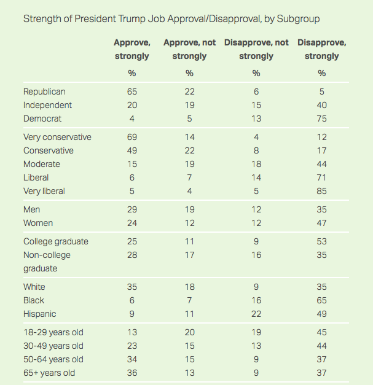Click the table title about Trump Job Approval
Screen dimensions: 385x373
pos(171,18)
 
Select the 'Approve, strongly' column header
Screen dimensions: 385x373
pos(132,49)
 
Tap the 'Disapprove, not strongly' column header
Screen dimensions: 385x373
pos(256,49)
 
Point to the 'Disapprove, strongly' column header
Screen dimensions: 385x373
pos(321,49)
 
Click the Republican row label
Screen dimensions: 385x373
pos(44,91)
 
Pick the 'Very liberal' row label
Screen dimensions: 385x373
pos(44,191)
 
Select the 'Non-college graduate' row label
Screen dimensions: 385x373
pos(47,262)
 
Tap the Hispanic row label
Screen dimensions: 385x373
pos(40,314)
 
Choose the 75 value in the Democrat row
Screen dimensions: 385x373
pos(322,119)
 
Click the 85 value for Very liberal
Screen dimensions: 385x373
pos(322,191)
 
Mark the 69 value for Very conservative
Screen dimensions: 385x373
pos(132,137)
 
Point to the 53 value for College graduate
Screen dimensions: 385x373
pos(322,241)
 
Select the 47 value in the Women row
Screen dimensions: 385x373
pos(322,223)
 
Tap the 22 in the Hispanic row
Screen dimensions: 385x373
pos(256,314)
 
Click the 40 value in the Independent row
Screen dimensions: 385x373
pos(322,105)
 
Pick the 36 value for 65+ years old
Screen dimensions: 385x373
pos(132,373)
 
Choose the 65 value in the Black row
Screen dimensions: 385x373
pos(322,300)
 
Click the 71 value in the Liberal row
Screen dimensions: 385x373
pos(322,177)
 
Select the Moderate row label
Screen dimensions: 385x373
pos(42,164)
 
